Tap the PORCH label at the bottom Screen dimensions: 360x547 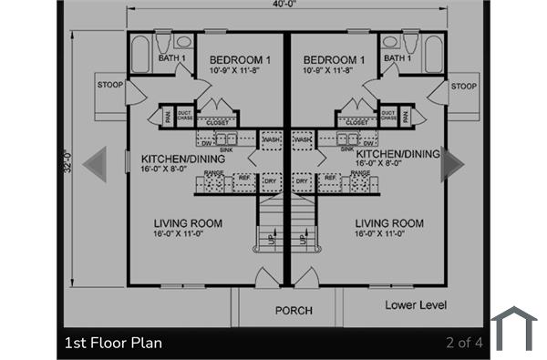[294, 311]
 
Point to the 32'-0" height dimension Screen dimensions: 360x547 [67, 164]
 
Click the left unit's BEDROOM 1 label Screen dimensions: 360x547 [234, 60]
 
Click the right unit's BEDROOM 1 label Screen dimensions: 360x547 [334, 60]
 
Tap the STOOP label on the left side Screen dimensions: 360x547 [110, 87]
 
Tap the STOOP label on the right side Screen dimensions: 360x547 [463, 87]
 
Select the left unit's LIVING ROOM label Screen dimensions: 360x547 [187, 223]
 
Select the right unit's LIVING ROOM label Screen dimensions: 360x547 [389, 223]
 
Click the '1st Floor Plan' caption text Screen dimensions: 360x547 [114, 344]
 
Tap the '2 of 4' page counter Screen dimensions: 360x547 [464, 344]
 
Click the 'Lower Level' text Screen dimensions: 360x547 [415, 304]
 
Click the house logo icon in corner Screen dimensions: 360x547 [514, 328]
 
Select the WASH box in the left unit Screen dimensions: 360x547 [271, 139]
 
